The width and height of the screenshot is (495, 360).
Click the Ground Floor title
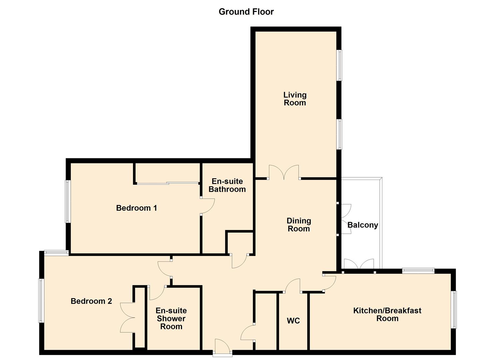pyautogui.click(x=246, y=12)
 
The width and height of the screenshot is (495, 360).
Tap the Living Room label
pyautogui.click(x=295, y=99)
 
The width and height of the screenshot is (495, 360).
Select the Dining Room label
pyautogui.click(x=299, y=225)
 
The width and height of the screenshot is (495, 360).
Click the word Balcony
pyautogui.click(x=363, y=225)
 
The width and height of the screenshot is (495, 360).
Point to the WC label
pyautogui.click(x=293, y=321)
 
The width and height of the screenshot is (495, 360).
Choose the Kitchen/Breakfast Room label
pyautogui.click(x=387, y=314)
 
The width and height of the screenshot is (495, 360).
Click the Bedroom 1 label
pyautogui.click(x=136, y=208)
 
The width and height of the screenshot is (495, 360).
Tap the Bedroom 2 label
pyautogui.click(x=91, y=301)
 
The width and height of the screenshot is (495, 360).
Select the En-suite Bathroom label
pyautogui.click(x=227, y=185)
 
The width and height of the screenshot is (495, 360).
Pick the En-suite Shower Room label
pyautogui.click(x=171, y=318)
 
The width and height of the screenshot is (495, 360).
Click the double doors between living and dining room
pyautogui.click(x=284, y=173)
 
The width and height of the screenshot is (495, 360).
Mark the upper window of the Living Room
pyautogui.click(x=339, y=65)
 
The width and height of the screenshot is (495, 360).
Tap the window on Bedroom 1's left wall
pyautogui.click(x=68, y=201)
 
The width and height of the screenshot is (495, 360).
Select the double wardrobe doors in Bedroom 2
pyautogui.click(x=127, y=317)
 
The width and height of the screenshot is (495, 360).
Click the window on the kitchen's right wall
pyautogui.click(x=454, y=309)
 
